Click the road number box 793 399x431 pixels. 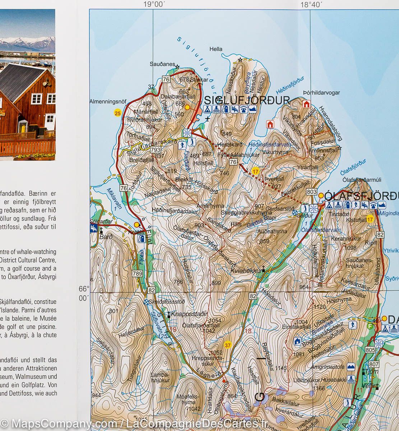(x=156, y=149)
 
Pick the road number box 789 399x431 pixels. (x=138, y=274)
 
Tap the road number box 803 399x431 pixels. (x=312, y=192)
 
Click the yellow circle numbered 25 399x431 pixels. (x=117, y=113)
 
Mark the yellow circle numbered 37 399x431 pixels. (x=227, y=346)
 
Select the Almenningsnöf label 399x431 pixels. (x=108, y=102)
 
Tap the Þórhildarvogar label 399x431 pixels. (x=321, y=93)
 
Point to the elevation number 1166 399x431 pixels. (x=319, y=388)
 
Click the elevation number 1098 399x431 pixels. (x=350, y=248)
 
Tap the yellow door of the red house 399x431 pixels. (x=23, y=126)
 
